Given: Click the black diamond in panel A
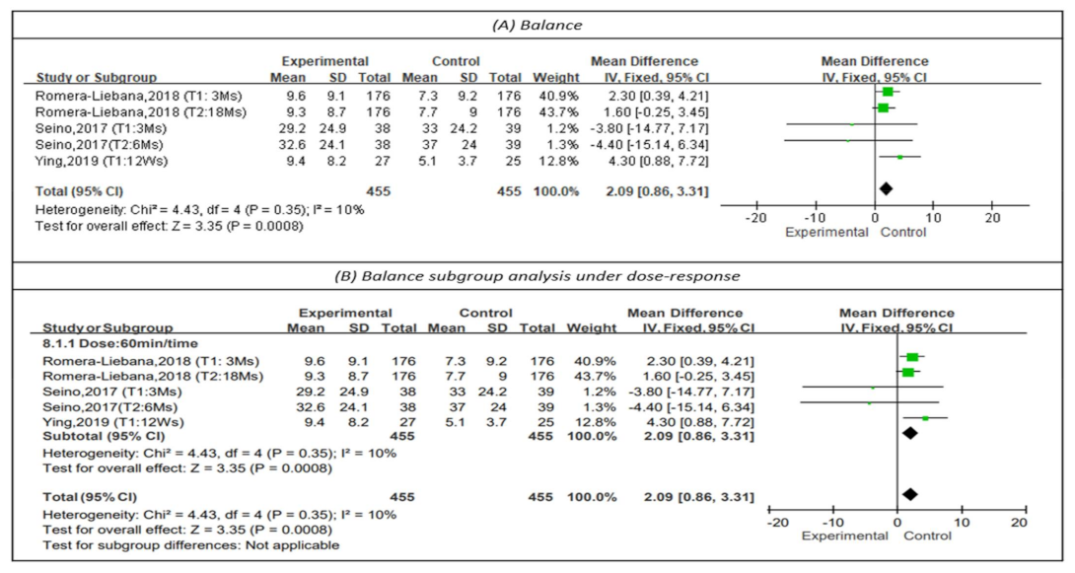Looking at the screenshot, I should [x=886, y=187].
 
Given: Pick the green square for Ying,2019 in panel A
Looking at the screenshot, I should [x=899, y=157].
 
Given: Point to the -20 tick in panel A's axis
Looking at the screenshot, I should [x=755, y=218].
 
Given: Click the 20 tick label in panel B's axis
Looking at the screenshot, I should [x=1020, y=521].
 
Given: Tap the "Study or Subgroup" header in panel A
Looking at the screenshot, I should [x=97, y=76].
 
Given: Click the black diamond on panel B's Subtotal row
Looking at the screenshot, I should [x=909, y=432].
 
